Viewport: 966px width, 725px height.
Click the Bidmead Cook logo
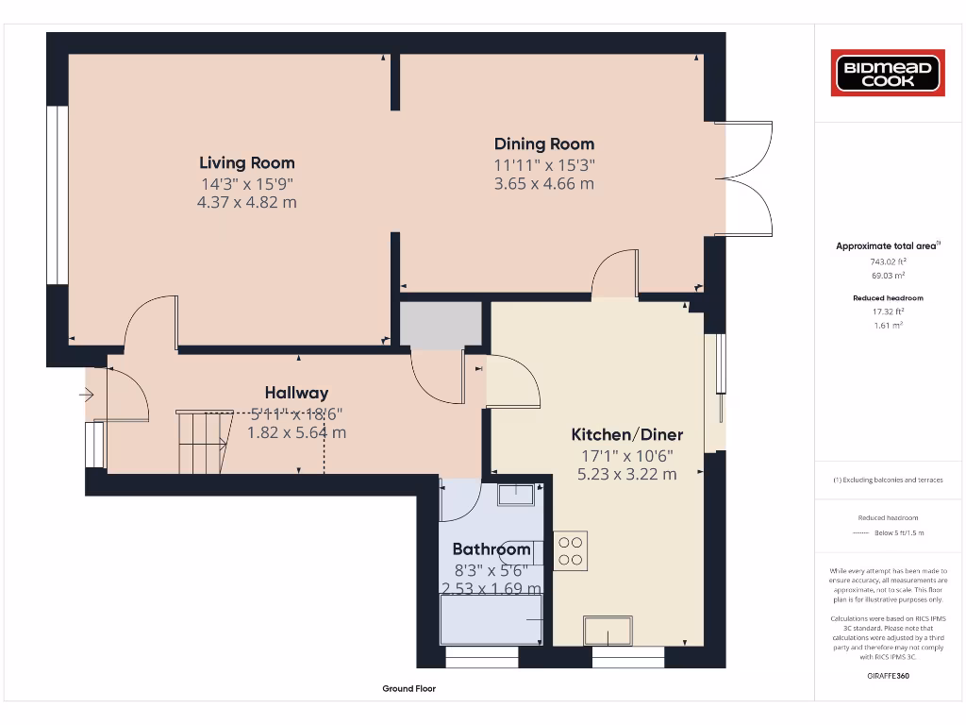click(888, 74)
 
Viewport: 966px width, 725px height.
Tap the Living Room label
click(247, 162)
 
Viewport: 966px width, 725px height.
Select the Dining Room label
click(544, 143)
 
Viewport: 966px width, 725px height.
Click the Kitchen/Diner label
click(626, 434)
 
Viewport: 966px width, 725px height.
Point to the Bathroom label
click(491, 548)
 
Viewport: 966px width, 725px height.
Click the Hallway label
click(296, 393)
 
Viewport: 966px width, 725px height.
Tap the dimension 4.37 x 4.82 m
click(248, 202)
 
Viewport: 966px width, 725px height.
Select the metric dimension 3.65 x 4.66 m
click(544, 183)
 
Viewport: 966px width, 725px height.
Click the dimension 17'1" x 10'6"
click(626, 455)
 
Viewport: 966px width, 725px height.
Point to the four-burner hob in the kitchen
click(571, 550)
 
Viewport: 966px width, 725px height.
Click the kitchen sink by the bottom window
click(608, 628)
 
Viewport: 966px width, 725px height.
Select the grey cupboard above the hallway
click(440, 325)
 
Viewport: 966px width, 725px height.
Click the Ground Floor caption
click(408, 689)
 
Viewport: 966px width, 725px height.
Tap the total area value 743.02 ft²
click(887, 261)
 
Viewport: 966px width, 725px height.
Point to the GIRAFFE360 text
click(887, 676)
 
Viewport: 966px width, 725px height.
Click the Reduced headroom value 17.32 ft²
click(887, 311)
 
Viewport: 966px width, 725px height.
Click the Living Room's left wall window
click(58, 194)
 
